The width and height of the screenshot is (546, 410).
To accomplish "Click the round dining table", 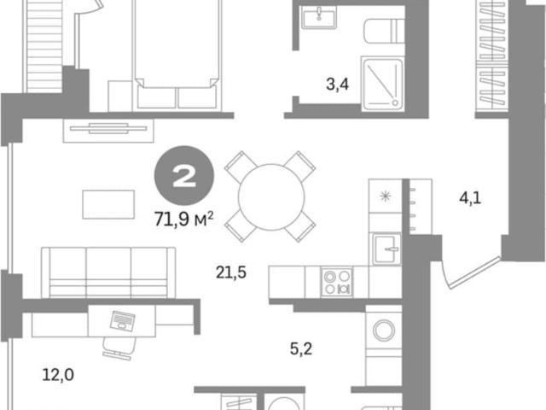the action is (x=271, y=197).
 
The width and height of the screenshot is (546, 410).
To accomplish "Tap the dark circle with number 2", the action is (x=184, y=176).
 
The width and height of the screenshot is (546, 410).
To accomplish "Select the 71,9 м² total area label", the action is (x=184, y=220).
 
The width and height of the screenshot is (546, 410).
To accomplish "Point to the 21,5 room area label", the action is (x=231, y=272).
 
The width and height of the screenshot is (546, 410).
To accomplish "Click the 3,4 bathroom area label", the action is (x=337, y=84).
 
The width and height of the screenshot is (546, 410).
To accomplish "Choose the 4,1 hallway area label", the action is (x=470, y=198).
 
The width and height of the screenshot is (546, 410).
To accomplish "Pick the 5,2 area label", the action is (x=301, y=348).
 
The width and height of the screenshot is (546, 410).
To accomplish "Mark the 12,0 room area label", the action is (x=58, y=375).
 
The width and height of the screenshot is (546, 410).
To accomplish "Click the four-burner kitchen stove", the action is (x=337, y=282).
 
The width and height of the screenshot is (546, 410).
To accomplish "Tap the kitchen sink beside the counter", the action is (x=386, y=249).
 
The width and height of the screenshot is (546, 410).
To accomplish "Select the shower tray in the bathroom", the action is (x=382, y=84).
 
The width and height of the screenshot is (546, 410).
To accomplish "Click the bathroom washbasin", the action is (x=318, y=17).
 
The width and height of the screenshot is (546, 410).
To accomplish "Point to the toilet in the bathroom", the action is (x=385, y=31).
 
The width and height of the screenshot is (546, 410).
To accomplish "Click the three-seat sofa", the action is (x=108, y=272).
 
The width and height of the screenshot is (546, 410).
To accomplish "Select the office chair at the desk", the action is (x=119, y=348).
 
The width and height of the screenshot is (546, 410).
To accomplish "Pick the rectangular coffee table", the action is (x=108, y=204).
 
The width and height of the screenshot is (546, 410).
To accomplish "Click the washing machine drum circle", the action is (x=384, y=331).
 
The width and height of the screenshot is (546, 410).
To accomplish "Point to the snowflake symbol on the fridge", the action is (x=386, y=196).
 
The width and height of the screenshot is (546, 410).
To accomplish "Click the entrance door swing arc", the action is (x=444, y=275).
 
